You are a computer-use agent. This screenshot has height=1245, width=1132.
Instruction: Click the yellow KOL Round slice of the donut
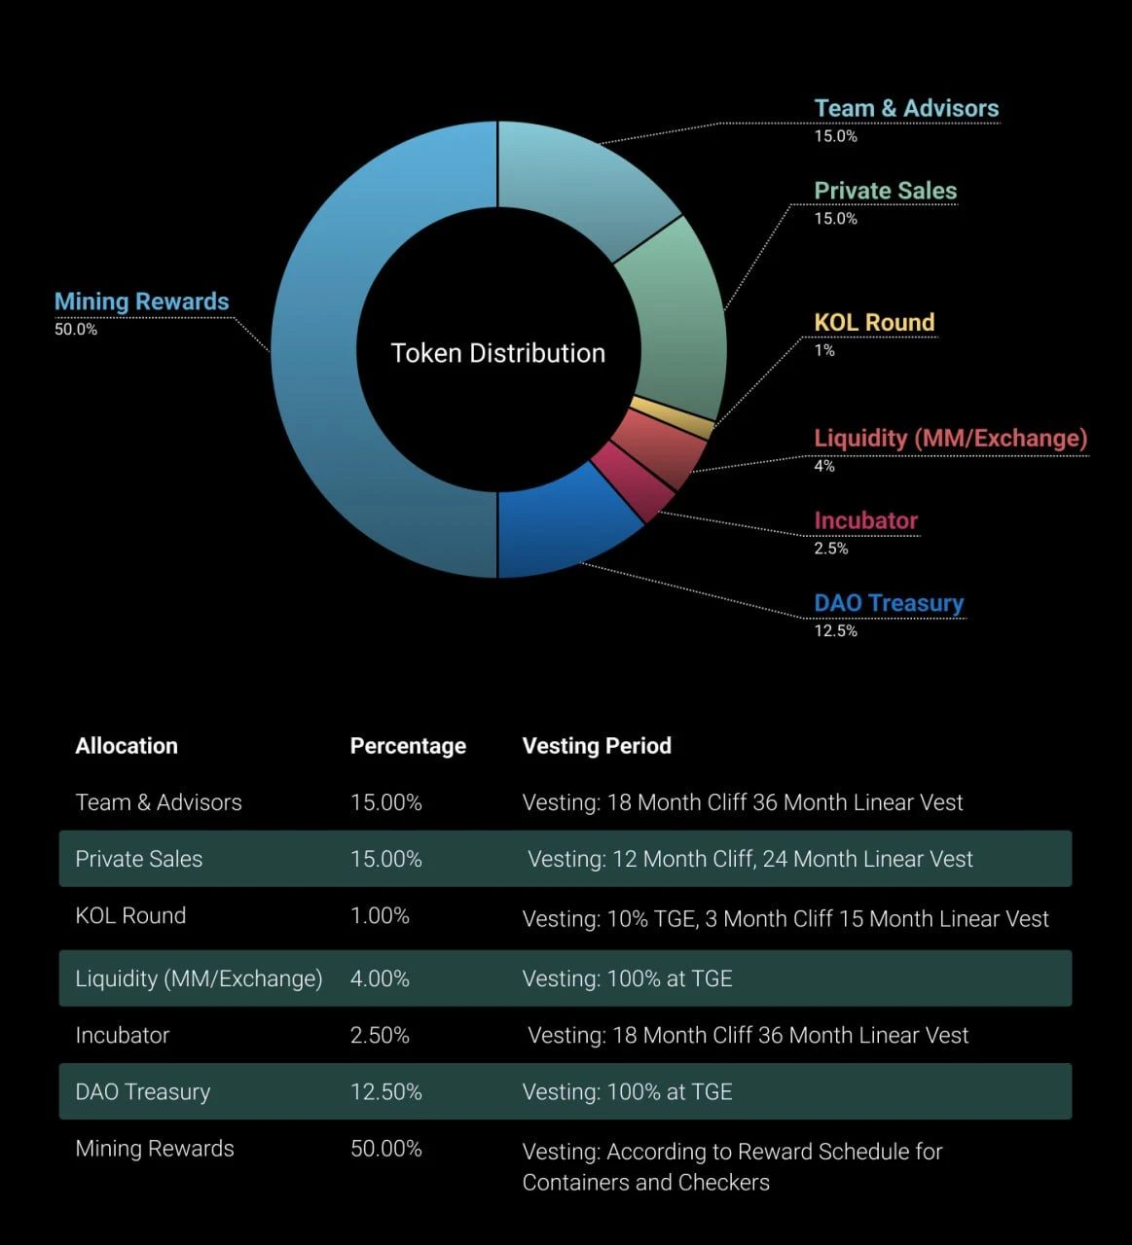click(x=672, y=415)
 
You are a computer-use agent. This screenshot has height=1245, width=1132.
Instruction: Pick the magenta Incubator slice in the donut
click(x=634, y=482)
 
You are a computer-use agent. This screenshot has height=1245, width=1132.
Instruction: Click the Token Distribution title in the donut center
click(x=497, y=353)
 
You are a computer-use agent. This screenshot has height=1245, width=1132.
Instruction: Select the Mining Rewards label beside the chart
click(x=141, y=302)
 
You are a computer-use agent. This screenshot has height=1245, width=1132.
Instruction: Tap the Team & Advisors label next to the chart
click(x=906, y=108)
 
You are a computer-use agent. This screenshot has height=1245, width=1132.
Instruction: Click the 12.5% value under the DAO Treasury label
click(x=835, y=631)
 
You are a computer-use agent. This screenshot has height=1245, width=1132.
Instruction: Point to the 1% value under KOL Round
click(x=823, y=350)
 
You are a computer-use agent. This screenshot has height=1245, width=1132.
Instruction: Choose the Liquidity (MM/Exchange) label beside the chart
click(x=950, y=438)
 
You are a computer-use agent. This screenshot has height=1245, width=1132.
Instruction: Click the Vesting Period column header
click(x=597, y=746)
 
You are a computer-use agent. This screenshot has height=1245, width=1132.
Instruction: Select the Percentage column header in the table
click(x=408, y=746)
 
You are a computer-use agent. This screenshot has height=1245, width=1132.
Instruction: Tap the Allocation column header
click(x=127, y=746)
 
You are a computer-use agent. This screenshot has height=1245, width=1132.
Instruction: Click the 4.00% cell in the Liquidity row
click(x=380, y=978)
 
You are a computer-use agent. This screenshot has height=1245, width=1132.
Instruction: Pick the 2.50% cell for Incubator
click(x=380, y=1035)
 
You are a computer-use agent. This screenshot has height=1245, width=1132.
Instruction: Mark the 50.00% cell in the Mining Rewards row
click(x=386, y=1149)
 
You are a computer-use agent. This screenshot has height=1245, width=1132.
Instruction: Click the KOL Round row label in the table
click(x=130, y=915)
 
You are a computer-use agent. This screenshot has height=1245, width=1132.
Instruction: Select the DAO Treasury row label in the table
click(x=142, y=1092)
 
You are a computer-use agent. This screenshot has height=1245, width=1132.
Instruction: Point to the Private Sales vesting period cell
click(x=749, y=859)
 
